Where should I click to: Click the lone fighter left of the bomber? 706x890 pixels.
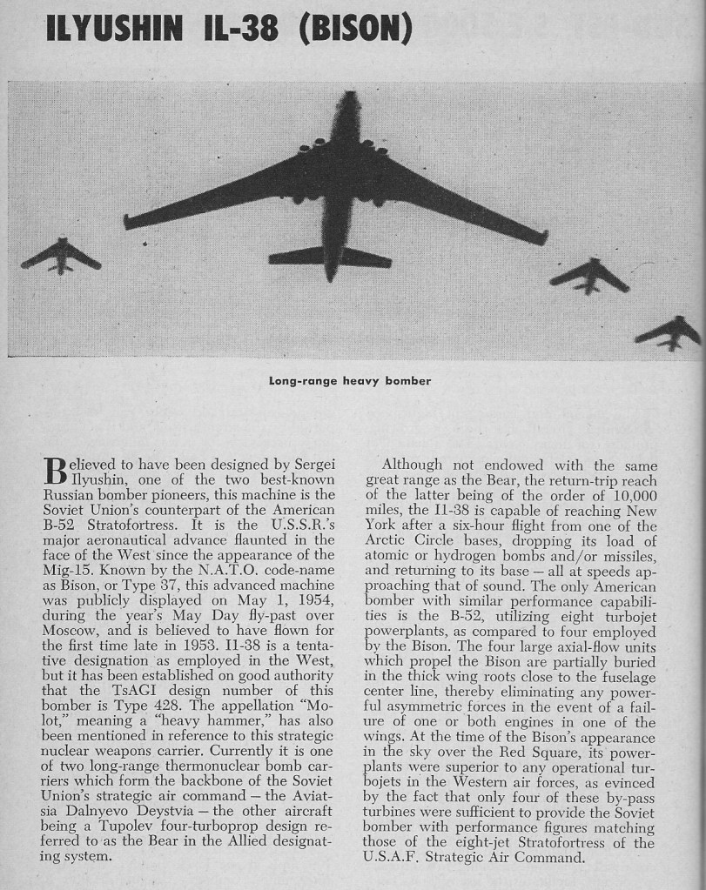point(61,255)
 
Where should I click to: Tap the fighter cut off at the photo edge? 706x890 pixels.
point(670,332)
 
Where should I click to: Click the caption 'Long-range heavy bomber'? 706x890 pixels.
point(350,381)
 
